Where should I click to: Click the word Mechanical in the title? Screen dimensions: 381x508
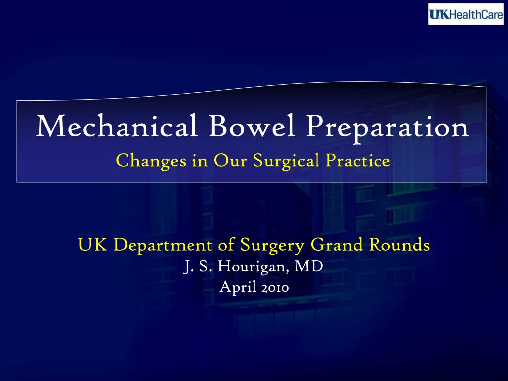click(118, 127)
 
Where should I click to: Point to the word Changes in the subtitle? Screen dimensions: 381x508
click(147, 161)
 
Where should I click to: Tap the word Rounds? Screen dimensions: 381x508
click(399, 245)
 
